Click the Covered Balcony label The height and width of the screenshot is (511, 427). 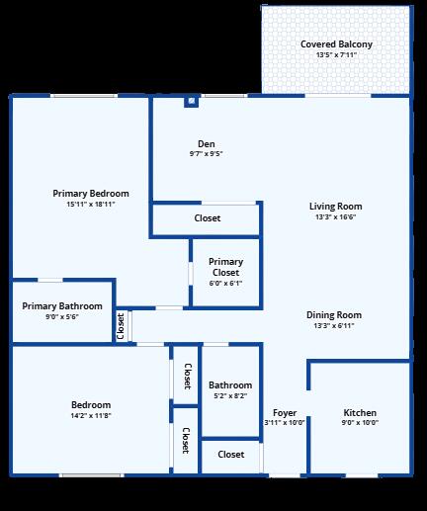[336, 44]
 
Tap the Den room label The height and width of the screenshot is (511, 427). [206, 144]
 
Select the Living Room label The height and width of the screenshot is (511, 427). [334, 206]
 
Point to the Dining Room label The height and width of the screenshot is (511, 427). [334, 315]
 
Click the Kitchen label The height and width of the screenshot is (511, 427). [360, 412]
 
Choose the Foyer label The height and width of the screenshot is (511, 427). [285, 412]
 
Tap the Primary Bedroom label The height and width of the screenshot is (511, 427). [91, 194]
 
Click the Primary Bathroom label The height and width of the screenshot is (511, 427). [62, 306]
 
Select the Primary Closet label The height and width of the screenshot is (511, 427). [225, 267]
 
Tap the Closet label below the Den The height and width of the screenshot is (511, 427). [208, 217]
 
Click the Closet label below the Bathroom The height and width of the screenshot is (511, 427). [230, 455]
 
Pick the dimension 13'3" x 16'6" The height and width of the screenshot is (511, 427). [334, 216]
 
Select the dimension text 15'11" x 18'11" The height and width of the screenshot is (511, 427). [91, 205]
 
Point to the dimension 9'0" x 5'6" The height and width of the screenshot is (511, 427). [62, 317]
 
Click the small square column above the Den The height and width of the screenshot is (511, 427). [191, 101]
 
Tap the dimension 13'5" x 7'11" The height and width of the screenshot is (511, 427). [336, 55]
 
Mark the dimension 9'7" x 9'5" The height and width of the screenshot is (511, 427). [206, 154]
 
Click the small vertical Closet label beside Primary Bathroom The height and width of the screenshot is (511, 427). [121, 326]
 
